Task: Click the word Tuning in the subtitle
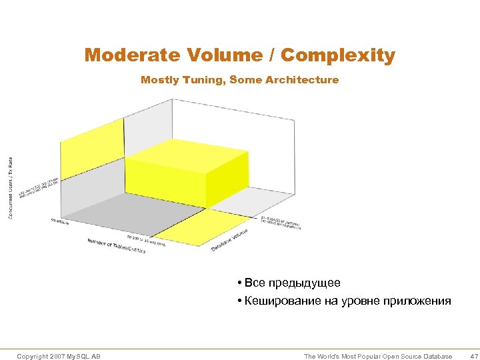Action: (207, 80)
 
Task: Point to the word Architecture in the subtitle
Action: (301, 80)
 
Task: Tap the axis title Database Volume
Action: (230, 241)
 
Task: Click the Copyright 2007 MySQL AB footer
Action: (59, 357)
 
